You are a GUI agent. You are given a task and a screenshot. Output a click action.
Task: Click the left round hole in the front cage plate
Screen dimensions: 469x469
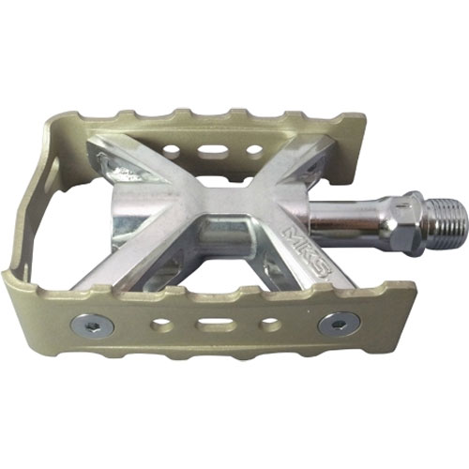coord(161,324)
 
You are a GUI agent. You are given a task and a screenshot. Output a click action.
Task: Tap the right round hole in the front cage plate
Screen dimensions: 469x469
coord(269,323)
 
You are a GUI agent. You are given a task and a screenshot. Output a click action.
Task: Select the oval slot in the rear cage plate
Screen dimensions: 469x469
coord(213,150)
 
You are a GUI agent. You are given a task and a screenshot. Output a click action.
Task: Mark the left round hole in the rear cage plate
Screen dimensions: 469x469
coord(172,149)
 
